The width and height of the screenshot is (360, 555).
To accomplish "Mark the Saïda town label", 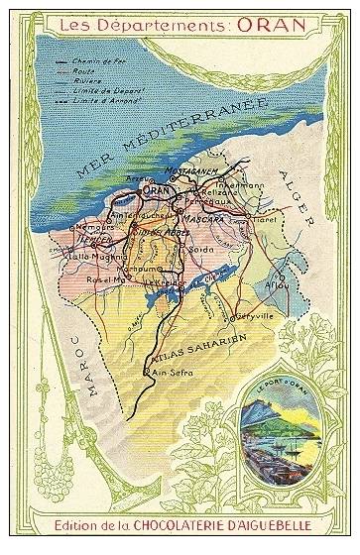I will coord(202,248).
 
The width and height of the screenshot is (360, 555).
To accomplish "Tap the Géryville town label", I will coord(252,318).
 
